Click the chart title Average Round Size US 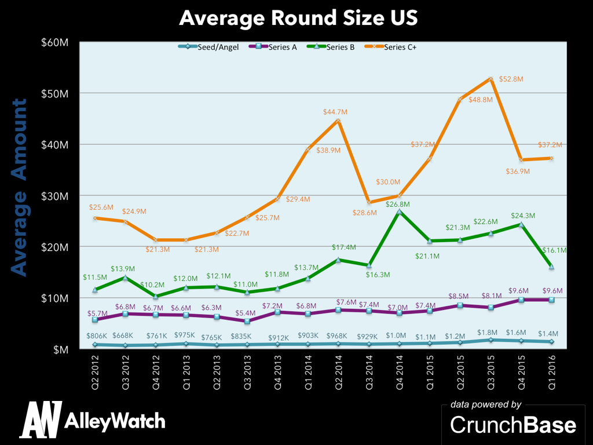298,17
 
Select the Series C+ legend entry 400,48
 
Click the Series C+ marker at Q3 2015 490,79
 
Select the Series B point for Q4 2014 398,212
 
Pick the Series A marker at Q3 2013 247,321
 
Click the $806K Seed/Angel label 98,335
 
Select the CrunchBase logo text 513,425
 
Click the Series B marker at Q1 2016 551,267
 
